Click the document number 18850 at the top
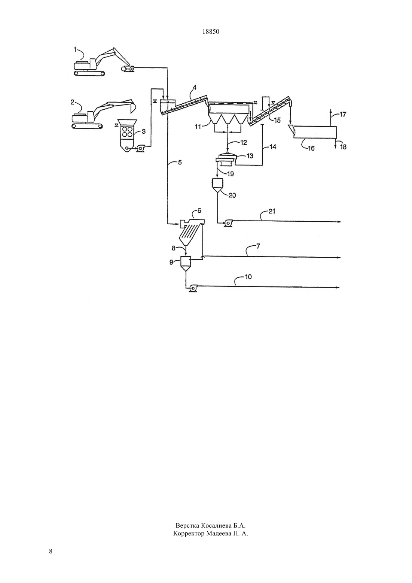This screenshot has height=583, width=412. tap(211, 32)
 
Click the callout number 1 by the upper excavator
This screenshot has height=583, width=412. tap(75, 49)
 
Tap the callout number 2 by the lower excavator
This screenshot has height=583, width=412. tap(73, 102)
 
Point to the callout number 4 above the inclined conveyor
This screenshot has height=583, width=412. tap(180, 163)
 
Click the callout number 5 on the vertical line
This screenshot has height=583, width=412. tap(199, 210)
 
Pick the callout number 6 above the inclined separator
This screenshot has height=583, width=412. tap(258, 246)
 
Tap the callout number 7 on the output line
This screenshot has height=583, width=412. tap(248, 277)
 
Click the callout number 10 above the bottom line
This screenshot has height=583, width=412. tap(250, 156)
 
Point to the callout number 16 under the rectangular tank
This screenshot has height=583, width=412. tap(343, 114)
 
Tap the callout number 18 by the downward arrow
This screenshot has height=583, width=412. tap(272, 211)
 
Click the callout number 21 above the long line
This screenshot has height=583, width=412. tap(228, 223)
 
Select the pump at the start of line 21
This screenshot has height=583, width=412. tap(193, 288)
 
